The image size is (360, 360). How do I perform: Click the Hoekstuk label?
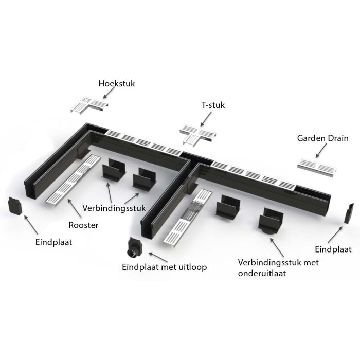pyautogui.click(x=117, y=83)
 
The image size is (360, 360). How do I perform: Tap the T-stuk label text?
pyautogui.click(x=213, y=105)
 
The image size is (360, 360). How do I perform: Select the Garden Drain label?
pyautogui.click(x=322, y=138)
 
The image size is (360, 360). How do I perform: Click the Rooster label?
pyautogui.click(x=83, y=225)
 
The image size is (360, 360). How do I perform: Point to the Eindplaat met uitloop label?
pyautogui.click(x=165, y=267)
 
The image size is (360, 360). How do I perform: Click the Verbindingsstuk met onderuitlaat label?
pyautogui.click(x=278, y=268)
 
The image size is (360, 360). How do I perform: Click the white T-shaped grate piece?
pyautogui.click(x=197, y=135)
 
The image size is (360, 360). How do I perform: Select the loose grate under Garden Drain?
pyautogui.click(x=317, y=167)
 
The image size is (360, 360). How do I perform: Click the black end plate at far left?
pyautogui.click(x=15, y=206)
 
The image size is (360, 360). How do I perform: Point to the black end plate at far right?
pyautogui.click(x=349, y=213)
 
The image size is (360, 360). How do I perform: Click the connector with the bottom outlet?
pyautogui.click(x=271, y=221)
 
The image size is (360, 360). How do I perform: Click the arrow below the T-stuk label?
pyautogui.click(x=206, y=119)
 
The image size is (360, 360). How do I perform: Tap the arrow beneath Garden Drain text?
pyautogui.click(x=321, y=151)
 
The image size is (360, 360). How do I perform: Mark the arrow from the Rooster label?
pyautogui.click(x=75, y=208)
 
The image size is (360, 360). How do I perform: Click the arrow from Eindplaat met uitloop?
pyautogui.click(x=158, y=257)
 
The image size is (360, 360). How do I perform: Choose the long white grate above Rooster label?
pyautogui.click(x=74, y=179)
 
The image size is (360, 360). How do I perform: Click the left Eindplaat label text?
pyautogui.click(x=53, y=242)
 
